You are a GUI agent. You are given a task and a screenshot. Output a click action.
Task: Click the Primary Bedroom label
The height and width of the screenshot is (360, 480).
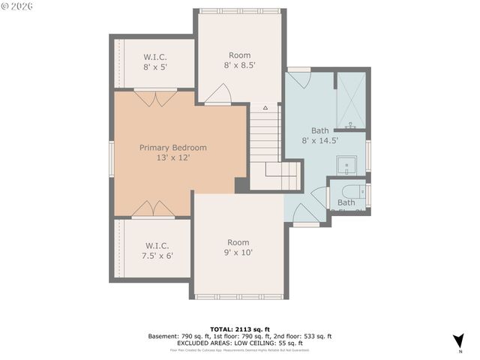coord(172,148)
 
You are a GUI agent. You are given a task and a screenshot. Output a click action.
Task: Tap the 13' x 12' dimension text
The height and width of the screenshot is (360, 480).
coord(172,158)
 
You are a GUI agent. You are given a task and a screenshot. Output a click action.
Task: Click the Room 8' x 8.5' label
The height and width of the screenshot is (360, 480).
coord(239,60)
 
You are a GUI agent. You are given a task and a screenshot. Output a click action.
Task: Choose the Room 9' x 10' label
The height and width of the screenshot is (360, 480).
coord(239,247)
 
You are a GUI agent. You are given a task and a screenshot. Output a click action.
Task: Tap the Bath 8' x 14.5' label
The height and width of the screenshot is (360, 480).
coord(319,135)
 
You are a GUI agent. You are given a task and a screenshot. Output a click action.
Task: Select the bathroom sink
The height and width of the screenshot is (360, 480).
coord(346,164)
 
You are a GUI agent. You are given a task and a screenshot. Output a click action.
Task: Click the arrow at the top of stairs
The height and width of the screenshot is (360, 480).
coord(265,108)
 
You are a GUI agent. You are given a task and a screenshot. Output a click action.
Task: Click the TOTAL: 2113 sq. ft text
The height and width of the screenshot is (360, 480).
coord(240,329)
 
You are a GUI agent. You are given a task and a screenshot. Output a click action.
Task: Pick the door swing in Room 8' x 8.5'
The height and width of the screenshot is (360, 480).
coord(219,94)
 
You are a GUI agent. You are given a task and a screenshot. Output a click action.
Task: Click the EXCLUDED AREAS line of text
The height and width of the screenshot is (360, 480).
coord(240,343)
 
